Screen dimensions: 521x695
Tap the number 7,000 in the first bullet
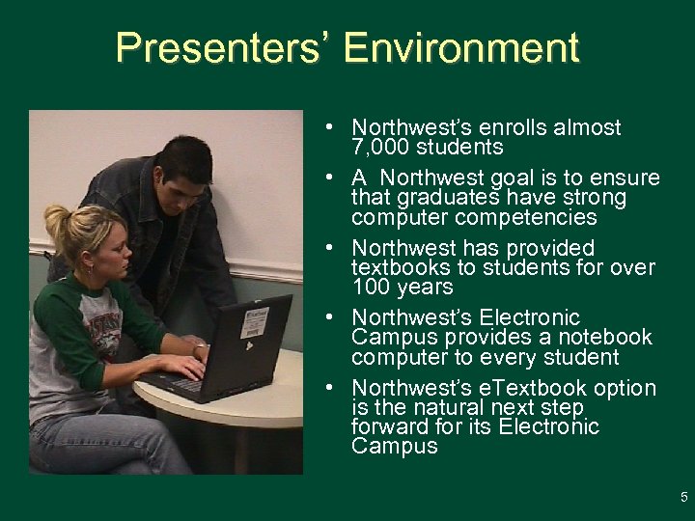381,148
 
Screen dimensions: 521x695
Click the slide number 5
683,498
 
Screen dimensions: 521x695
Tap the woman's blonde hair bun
56,220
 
